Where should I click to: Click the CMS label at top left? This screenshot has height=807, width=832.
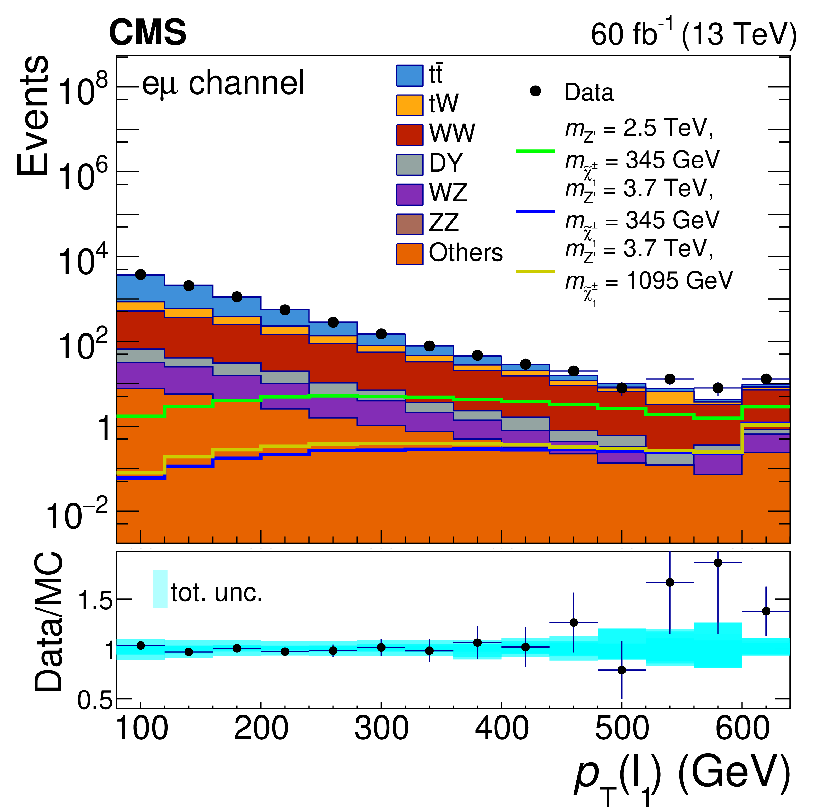tap(147, 33)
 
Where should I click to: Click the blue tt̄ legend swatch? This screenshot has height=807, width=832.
tap(409, 75)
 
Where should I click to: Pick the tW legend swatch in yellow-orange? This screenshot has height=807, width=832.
tap(409, 105)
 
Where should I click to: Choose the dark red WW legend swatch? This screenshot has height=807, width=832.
tap(409, 135)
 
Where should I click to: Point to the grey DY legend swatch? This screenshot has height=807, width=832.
tap(409, 165)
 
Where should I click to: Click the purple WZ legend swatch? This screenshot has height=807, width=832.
tap(409, 194)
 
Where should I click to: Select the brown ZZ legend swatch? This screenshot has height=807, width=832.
tap(409, 224)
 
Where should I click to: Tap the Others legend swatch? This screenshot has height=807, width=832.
tap(409, 254)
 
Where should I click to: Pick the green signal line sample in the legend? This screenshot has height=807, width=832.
tap(535, 151)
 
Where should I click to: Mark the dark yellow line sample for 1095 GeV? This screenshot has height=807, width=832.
tap(535, 272)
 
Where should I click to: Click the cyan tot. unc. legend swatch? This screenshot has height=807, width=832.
tap(160, 588)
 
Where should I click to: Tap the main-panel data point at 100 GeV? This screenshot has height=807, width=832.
tap(140, 275)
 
